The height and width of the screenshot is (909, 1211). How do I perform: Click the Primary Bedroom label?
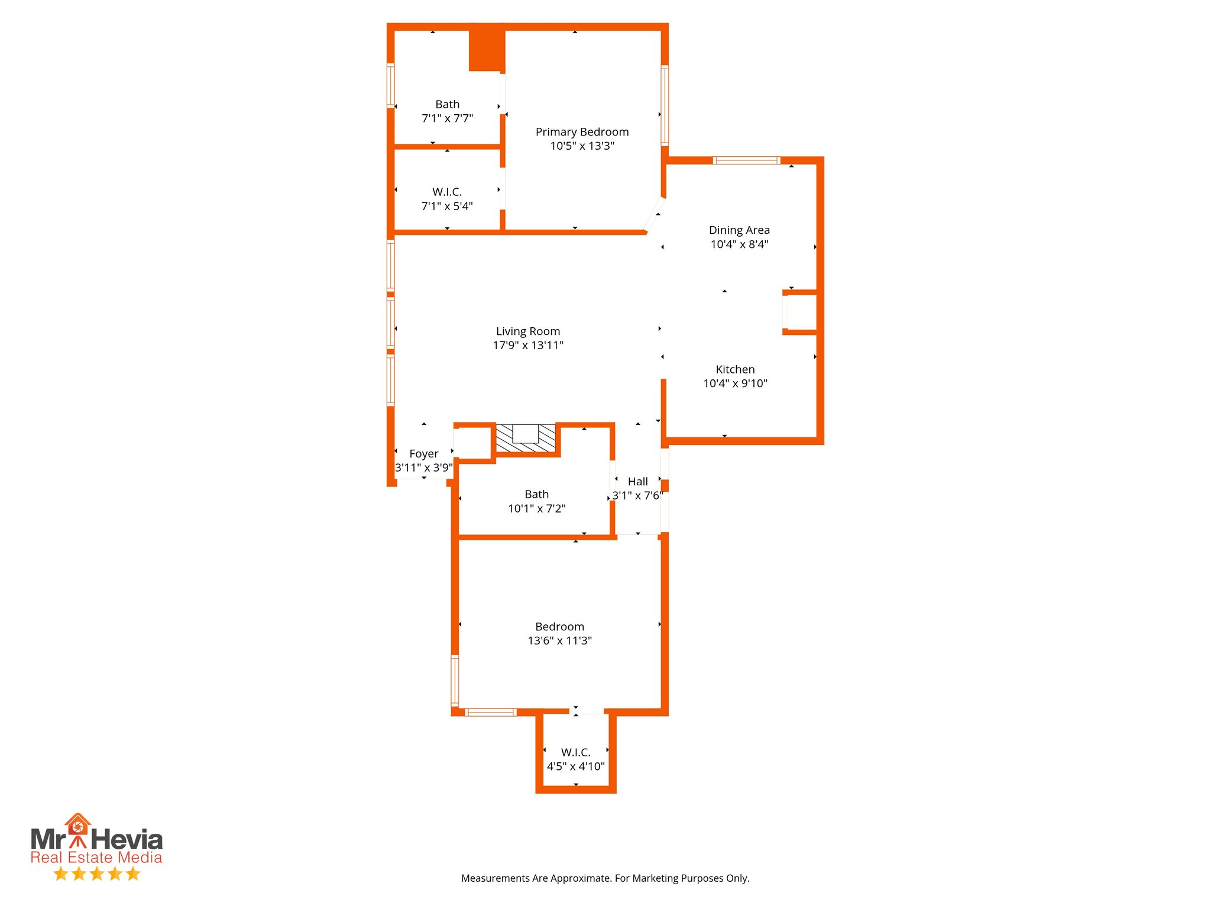[582, 132]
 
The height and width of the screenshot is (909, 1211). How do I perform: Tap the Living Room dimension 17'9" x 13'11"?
[528, 346]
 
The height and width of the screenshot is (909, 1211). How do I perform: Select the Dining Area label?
[739, 230]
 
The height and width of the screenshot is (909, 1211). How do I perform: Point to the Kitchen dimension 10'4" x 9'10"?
[735, 383]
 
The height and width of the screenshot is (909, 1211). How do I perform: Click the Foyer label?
[423, 454]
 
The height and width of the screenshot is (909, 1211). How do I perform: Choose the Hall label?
[637, 482]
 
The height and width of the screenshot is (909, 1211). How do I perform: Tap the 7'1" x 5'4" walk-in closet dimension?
[447, 206]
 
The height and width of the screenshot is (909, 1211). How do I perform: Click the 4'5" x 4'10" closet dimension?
[575, 767]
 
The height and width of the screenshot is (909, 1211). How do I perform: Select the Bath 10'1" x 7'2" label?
[536, 495]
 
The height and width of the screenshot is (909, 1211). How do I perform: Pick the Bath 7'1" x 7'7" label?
[447, 105]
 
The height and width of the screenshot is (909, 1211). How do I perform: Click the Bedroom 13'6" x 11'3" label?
[559, 627]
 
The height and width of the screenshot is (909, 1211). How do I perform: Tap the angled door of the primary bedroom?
[655, 214]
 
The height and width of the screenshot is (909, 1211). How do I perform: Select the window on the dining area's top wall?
[746, 160]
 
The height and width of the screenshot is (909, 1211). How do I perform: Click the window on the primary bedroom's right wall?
[665, 105]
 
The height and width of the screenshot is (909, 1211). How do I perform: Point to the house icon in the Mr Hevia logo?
[77, 824]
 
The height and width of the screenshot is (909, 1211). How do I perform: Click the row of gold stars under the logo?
[96, 874]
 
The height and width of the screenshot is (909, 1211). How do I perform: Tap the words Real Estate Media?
[96, 858]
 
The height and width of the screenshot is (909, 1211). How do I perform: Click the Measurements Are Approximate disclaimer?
[605, 878]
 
